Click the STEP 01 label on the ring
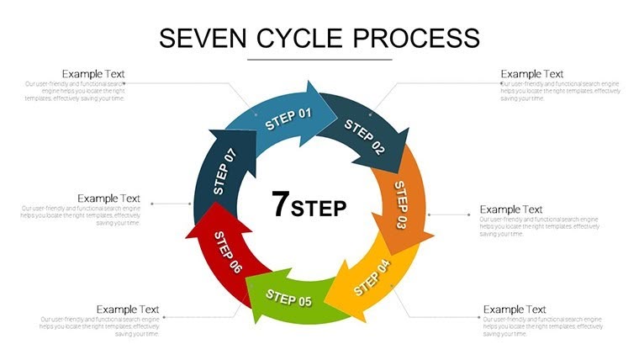pos(288,119)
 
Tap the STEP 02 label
pos(365,137)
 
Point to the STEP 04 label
pos(372,278)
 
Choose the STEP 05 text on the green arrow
pos(288,297)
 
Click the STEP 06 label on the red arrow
pos(228,251)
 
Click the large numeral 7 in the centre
pos(281,204)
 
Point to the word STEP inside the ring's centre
pos(319,209)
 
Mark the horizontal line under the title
pos(319,60)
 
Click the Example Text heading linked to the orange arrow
pos(510,209)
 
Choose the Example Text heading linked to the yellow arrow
pos(515,310)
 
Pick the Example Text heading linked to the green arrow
pos(128,310)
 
